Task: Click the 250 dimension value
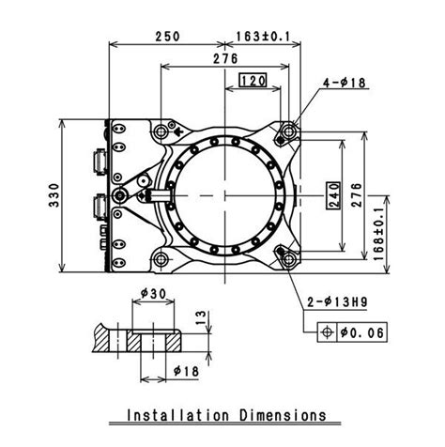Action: (x=168, y=37)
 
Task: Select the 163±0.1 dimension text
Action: (x=263, y=37)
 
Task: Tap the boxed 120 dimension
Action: (x=253, y=81)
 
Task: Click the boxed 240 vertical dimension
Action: (x=332, y=195)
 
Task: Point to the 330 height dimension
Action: (x=54, y=195)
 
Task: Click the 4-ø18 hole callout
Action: (x=345, y=83)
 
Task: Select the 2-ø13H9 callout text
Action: (x=337, y=302)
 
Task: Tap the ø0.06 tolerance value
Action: (x=362, y=332)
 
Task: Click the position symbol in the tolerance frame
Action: (x=328, y=332)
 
